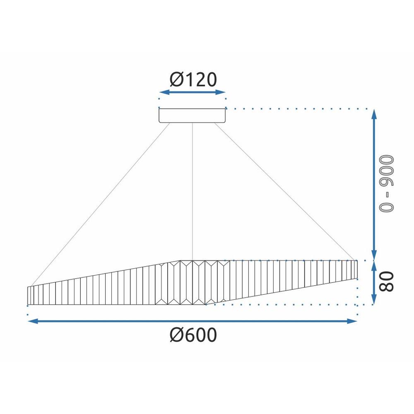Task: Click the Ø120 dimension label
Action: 193,79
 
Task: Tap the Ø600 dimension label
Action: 193,335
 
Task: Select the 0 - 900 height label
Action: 386,183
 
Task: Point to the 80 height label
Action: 386,282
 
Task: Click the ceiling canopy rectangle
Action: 192,116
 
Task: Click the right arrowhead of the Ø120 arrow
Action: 220,92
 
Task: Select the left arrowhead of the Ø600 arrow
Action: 33,321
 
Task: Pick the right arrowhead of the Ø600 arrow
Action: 352,321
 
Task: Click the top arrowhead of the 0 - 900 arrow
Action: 374,114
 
